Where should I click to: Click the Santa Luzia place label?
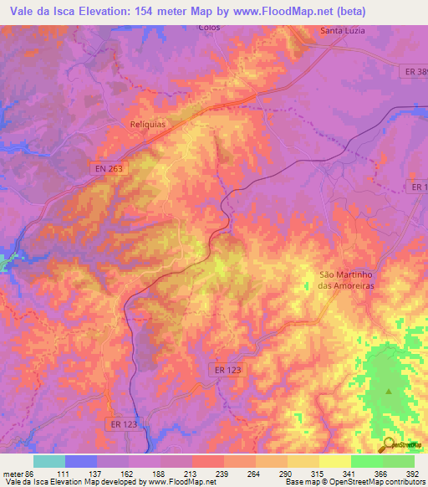tap(343, 32)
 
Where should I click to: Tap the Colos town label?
tap(209, 27)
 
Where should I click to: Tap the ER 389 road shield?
tap(414, 73)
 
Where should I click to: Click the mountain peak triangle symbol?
tap(388, 391)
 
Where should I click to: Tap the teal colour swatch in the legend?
tap(49, 461)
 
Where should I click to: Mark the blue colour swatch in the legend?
tap(81, 461)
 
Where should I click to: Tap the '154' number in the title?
tap(160, 10)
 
